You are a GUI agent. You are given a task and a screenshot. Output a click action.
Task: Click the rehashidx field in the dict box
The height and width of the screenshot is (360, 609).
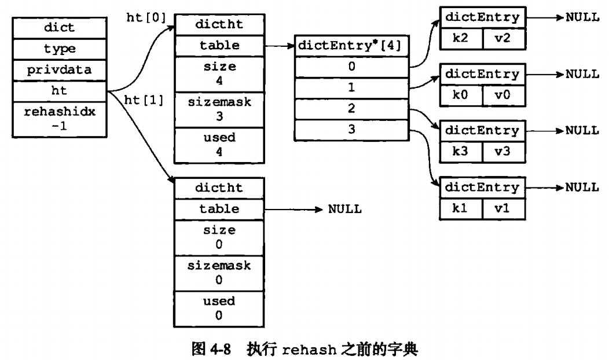coord(60,119)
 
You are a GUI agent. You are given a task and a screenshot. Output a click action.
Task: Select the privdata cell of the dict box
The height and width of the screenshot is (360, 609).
coord(60,70)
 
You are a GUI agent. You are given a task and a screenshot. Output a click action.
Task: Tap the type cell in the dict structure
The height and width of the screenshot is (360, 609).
coord(60,49)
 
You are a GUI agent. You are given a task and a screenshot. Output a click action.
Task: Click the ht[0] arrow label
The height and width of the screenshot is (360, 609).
coord(146,17)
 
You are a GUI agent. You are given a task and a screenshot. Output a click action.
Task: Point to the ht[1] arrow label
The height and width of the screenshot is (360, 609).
coord(144,100)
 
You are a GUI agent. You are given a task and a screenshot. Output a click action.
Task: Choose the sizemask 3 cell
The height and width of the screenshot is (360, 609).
coord(219,109)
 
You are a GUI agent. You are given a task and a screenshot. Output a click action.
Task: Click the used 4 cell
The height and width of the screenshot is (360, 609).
coord(219,145)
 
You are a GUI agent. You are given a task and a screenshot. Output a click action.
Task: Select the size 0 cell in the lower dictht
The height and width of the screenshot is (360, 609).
coord(219,238)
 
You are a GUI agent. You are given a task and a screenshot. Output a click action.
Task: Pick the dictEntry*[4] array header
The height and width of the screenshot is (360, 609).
coord(351,46)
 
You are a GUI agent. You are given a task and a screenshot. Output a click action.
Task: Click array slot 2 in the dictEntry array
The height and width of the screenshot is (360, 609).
coord(351,109)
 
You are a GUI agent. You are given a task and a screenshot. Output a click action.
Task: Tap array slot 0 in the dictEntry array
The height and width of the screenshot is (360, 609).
coord(351,67)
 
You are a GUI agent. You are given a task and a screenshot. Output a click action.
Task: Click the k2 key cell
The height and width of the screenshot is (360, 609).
coord(461,38)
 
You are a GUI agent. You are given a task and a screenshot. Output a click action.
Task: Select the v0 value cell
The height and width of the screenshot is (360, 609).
coord(504,95)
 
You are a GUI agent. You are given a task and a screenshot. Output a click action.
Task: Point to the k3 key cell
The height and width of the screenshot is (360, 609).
coord(461,152)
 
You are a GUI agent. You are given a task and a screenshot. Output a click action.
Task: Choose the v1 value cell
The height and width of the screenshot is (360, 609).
coord(504,208)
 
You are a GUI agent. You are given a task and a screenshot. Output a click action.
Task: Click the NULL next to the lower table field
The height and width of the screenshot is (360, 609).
coord(345,209)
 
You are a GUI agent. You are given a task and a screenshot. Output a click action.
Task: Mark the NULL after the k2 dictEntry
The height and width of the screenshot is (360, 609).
coord(582,17)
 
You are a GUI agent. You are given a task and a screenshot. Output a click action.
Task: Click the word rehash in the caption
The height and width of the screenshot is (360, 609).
coord(309,350)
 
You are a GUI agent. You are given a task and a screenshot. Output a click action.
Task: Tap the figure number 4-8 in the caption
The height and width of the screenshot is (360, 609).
coord(220,349)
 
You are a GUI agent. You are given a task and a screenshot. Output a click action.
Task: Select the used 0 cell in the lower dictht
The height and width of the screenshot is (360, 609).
coord(219,308)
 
